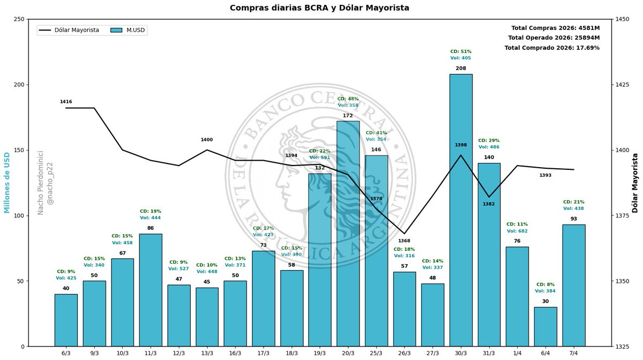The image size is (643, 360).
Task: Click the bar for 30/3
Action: [x=461, y=210]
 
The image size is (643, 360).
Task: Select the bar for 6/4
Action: [x=545, y=327]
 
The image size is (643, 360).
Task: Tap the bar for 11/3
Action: [x=151, y=290]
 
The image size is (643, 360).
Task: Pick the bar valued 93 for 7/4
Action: [x=573, y=286]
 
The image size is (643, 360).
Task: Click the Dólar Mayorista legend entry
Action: [x=69, y=30]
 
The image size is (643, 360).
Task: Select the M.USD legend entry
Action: [x=128, y=30]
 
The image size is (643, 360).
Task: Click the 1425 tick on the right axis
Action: [x=621, y=85]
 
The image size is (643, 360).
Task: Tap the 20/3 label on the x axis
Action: [x=348, y=354]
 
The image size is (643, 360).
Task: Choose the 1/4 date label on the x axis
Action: [x=517, y=354]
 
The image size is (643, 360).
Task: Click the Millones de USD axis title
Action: [x=6, y=183]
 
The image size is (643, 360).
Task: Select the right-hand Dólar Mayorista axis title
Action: [x=634, y=183]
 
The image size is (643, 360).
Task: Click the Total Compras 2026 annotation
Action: [x=556, y=28]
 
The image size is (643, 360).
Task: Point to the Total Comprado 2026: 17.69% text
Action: [x=552, y=48]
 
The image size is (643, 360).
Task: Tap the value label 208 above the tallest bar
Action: [x=461, y=69]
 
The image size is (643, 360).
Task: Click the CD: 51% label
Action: [x=461, y=51]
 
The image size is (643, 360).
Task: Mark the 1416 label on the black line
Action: [x=66, y=102]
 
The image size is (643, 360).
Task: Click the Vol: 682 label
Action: [x=517, y=231]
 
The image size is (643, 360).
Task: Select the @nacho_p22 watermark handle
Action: [x=50, y=184]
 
